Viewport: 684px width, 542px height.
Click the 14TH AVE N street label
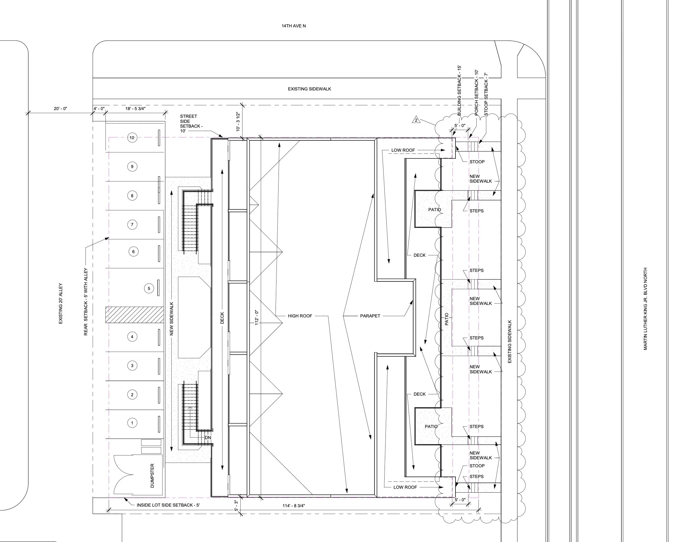click(293, 26)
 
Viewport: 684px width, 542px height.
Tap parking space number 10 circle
click(132, 138)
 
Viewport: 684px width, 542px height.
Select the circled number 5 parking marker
click(149, 289)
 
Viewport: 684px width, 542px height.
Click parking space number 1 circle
click(132, 423)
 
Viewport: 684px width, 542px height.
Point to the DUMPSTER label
click(152, 475)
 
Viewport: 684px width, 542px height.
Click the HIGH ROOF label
click(300, 316)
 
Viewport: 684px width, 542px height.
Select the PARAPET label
click(370, 316)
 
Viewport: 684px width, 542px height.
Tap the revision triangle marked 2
click(416, 120)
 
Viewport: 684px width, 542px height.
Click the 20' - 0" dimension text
click(60, 109)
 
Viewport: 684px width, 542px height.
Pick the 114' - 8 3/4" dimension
click(293, 506)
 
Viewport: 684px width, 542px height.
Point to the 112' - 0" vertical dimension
click(257, 317)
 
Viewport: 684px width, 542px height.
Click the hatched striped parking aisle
click(135, 314)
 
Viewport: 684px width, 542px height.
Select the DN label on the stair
click(208, 438)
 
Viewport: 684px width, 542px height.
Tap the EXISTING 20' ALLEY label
click(60, 303)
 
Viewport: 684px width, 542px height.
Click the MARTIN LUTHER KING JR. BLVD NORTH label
click(645, 309)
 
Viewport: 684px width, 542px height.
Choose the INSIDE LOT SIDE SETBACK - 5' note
click(168, 505)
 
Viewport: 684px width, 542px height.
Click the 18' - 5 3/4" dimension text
click(136, 109)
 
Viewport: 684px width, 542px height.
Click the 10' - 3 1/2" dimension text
click(238, 122)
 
